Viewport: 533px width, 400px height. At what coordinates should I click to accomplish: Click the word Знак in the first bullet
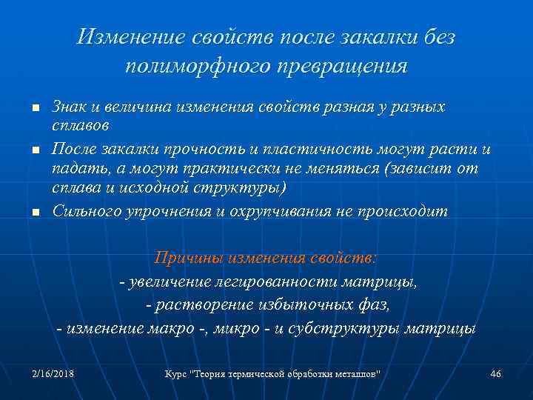[x=70, y=107]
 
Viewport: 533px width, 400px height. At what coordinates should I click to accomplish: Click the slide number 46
[x=495, y=374]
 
